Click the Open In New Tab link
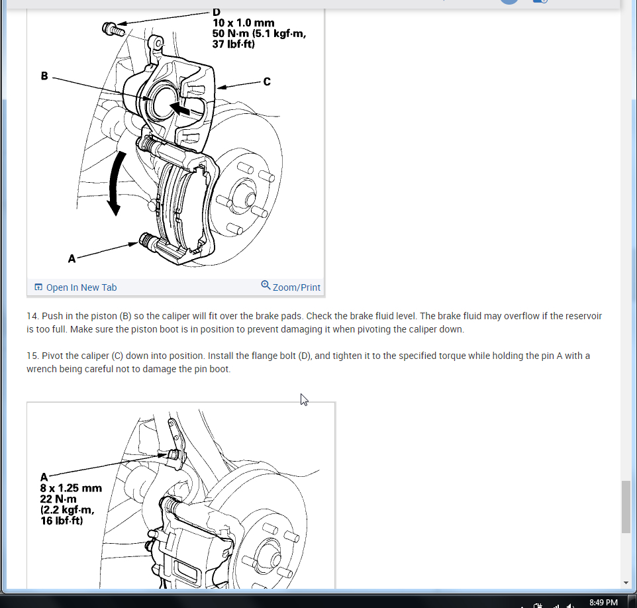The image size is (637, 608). click(76, 287)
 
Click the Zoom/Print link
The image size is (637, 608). click(291, 287)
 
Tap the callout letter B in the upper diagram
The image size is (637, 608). click(44, 76)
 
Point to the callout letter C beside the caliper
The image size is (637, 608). click(266, 81)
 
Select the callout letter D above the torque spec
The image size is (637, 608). click(216, 12)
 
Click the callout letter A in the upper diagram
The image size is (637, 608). click(72, 258)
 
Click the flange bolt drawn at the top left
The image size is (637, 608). click(113, 29)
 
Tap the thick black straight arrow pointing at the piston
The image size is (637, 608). click(179, 109)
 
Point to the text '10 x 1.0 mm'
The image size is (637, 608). click(243, 23)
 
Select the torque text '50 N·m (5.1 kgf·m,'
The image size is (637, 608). click(259, 33)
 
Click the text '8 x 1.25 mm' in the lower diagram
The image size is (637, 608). click(71, 488)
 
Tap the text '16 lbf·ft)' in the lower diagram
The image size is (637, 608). click(62, 521)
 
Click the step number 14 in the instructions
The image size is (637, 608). click(33, 316)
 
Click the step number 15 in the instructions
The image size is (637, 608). click(33, 356)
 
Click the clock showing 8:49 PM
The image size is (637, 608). click(603, 602)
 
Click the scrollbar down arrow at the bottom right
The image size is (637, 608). click(626, 583)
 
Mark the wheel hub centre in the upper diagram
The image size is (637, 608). click(250, 199)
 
